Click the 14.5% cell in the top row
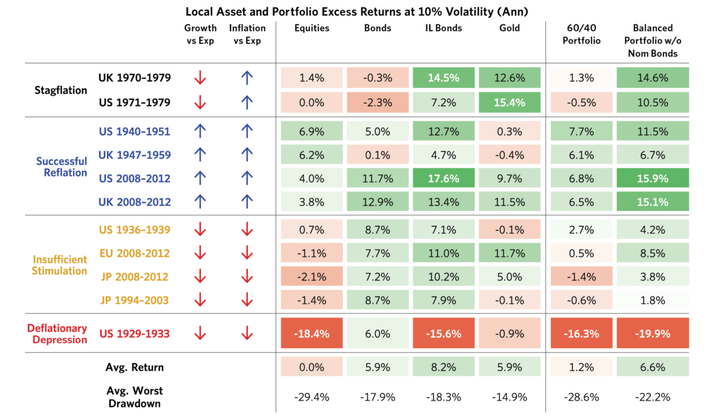(444, 78)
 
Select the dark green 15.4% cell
(510, 102)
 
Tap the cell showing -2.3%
(378, 102)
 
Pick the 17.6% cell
(444, 179)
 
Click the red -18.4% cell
(312, 334)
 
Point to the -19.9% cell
(653, 334)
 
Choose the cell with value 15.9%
(653, 179)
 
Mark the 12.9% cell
(378, 202)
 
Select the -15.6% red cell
(444, 334)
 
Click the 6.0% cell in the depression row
(378, 334)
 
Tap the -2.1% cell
(312, 277)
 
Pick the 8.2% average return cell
(444, 367)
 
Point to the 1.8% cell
(653, 300)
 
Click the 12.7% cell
(444, 131)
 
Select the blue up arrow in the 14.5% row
(247, 78)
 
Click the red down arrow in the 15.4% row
(200, 102)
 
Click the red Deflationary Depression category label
(57, 334)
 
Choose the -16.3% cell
(582, 334)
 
